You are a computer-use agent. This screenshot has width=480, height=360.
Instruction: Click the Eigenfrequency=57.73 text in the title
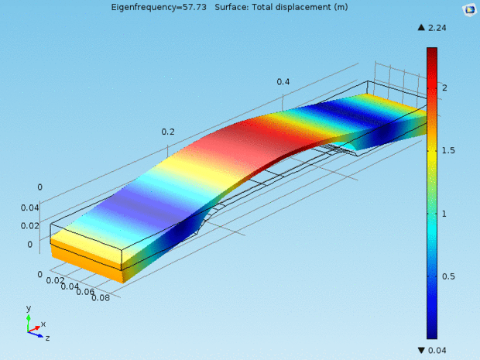[159, 7]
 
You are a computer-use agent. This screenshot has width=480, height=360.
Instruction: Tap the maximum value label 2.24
[437, 28]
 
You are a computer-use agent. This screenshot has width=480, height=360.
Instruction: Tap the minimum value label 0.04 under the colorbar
[437, 350]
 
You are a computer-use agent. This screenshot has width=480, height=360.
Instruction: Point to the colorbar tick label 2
[444, 87]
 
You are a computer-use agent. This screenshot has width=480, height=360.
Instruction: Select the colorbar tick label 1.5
[448, 151]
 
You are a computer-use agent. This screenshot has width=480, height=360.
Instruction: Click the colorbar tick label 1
[444, 214]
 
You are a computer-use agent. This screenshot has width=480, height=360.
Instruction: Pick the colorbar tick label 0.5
[448, 276]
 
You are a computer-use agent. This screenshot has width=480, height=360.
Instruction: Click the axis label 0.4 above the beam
[283, 82]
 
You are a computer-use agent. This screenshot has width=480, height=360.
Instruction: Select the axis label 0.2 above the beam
[168, 132]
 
